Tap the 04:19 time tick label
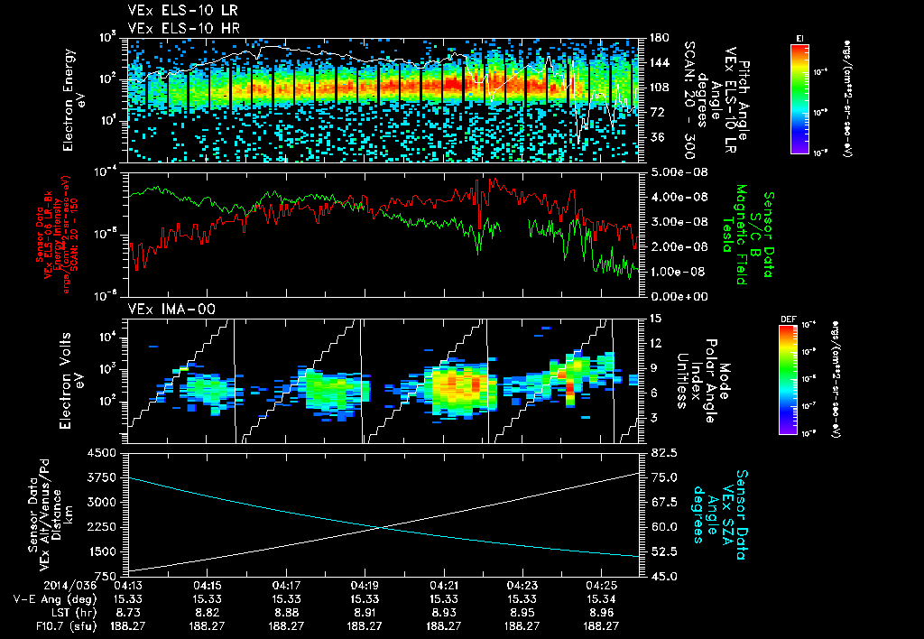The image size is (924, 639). click(x=365, y=585)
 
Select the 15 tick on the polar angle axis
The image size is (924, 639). click(x=653, y=318)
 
